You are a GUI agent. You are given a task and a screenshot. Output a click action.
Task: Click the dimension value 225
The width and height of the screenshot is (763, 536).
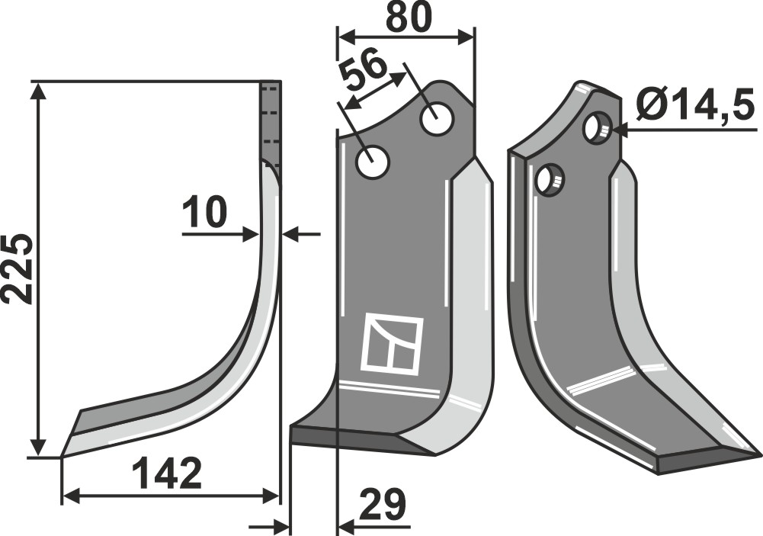[x=18, y=268]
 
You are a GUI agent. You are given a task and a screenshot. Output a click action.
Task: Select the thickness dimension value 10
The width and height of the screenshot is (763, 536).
[x=205, y=212]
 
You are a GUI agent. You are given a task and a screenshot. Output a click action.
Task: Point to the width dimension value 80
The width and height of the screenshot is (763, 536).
[x=409, y=18]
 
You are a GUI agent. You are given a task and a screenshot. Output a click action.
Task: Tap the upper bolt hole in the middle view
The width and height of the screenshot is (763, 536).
[x=437, y=119]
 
